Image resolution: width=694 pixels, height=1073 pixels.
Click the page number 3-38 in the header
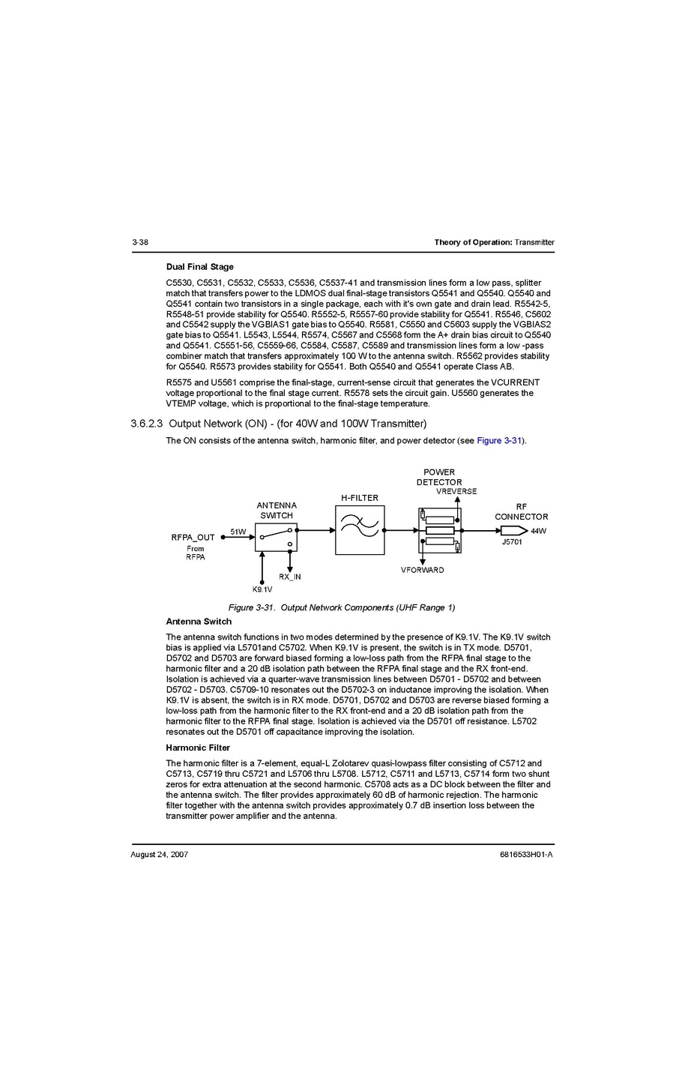pos(139,242)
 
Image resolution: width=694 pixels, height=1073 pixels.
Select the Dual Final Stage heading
pos(199,267)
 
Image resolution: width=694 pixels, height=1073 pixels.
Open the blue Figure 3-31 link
pos(498,440)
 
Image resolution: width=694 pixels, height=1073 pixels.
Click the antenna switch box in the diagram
pos(276,537)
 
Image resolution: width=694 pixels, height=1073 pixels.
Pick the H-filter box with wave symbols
pos(360,529)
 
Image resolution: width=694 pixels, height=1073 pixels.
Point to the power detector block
pos(440,530)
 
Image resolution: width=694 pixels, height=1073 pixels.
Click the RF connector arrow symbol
pos(513,530)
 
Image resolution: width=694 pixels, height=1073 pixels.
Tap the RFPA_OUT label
pos(193,537)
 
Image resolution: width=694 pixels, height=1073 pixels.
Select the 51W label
pos(238,532)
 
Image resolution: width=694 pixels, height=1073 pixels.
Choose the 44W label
pos(538,531)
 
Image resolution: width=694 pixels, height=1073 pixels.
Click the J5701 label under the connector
pos(512,541)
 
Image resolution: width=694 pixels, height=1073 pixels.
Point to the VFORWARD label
pos(422,570)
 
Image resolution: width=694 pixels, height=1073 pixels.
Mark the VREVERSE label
pos(456,491)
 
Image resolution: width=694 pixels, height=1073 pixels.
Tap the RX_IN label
pos(289,577)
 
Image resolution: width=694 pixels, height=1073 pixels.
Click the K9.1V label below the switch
pos(262,589)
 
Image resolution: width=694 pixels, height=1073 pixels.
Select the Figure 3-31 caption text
pos(341,607)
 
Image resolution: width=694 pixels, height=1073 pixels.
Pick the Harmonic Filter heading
pos(198,748)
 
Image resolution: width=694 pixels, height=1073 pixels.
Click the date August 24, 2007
pos(159,854)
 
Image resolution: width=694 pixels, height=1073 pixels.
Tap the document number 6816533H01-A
pos(526,854)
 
